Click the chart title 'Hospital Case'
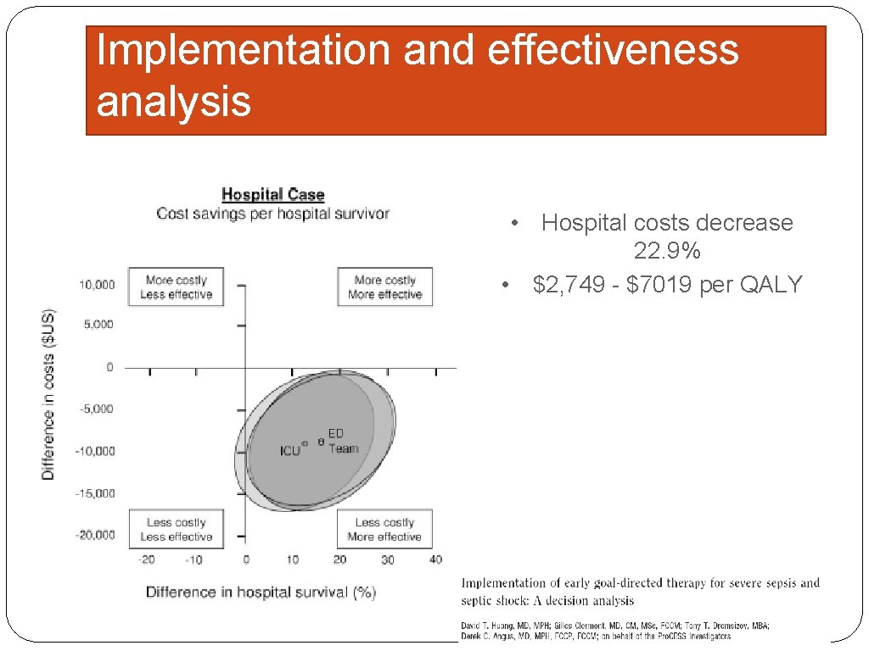click(x=272, y=195)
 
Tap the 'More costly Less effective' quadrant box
click(x=176, y=287)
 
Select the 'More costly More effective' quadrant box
click(x=384, y=287)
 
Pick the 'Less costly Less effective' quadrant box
click(x=176, y=530)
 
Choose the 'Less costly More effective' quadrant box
click(x=384, y=530)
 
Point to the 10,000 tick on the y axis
click(x=97, y=285)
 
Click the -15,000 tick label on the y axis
click(x=94, y=493)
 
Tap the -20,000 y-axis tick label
click(x=94, y=535)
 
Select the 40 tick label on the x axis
click(x=435, y=559)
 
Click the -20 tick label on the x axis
click(x=147, y=559)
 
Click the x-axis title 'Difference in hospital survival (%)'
click(x=261, y=593)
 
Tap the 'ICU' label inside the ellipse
click(x=290, y=451)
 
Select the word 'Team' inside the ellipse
click(x=344, y=448)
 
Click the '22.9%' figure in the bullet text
click(x=666, y=252)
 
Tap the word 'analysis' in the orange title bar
click(x=174, y=102)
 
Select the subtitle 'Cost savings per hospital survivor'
click(x=272, y=214)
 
